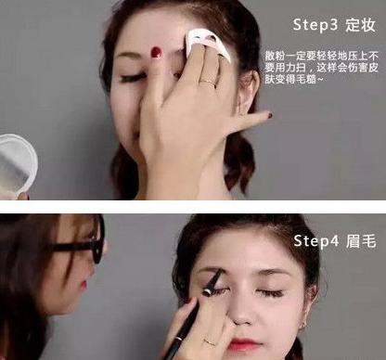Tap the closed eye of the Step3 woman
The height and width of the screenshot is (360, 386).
[x=133, y=79]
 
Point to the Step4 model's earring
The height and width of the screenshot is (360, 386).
[x=303, y=325]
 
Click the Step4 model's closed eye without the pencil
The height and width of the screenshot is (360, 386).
[x=270, y=291]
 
